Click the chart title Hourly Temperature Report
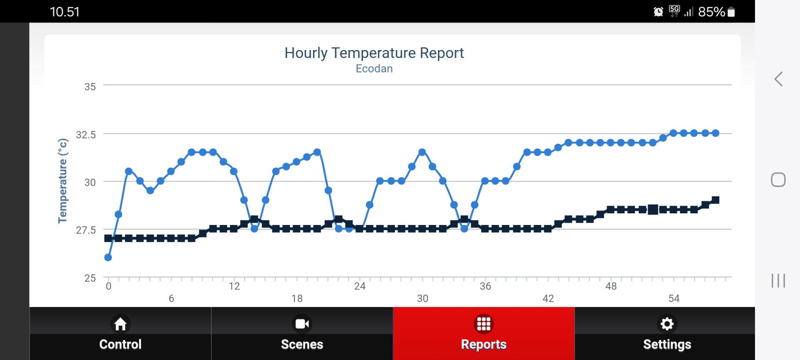374,53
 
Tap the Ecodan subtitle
374,69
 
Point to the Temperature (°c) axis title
62,181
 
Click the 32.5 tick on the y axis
86,135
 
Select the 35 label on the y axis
90,87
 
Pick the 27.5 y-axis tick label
86,230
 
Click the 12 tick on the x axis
234,286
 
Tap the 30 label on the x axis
422,298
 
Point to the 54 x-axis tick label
674,298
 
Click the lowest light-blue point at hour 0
108,257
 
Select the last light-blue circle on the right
715,133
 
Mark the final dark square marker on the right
715,200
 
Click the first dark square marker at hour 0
108,238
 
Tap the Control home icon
120,324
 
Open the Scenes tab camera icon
302,324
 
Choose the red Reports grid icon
484,324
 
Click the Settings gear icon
667,324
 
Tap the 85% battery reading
711,12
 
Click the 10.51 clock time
65,12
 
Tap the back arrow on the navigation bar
778,79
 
